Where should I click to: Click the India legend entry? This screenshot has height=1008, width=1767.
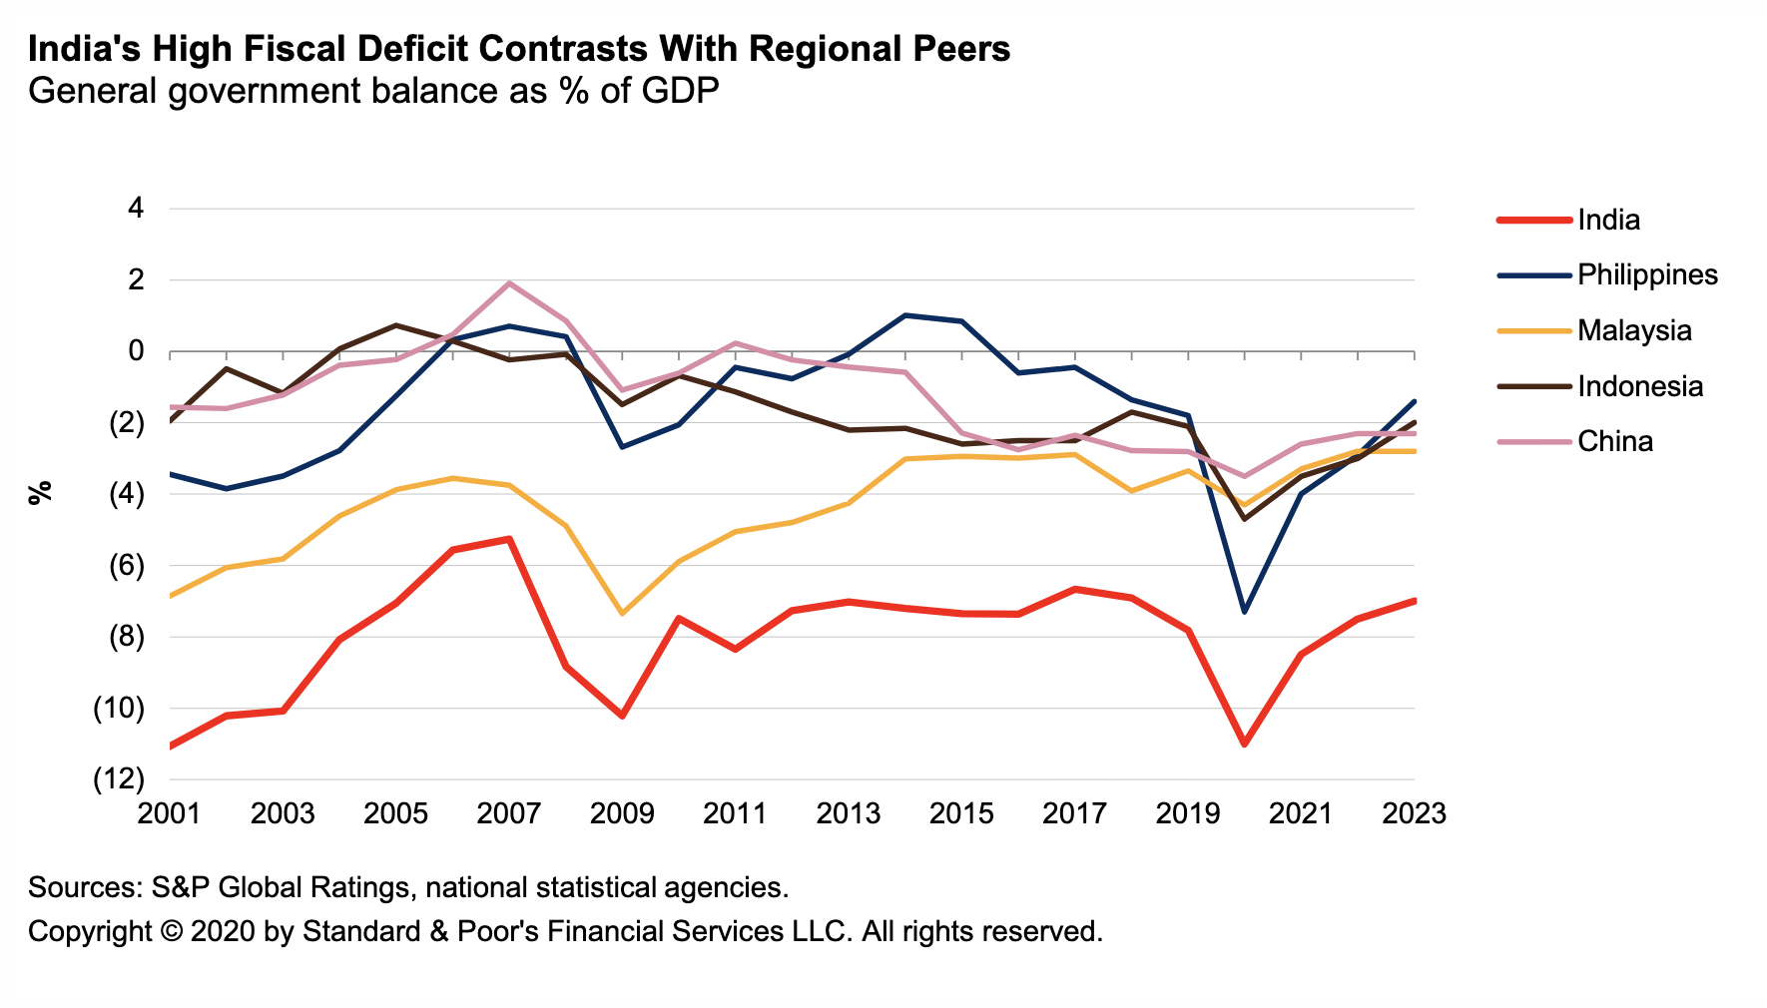click(1608, 221)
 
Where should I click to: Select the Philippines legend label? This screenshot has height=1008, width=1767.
click(1647, 275)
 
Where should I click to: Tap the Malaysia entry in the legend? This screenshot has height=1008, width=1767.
click(1634, 331)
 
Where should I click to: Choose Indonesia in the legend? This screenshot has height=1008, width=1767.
click(1639, 386)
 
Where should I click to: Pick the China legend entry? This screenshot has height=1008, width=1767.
click(1614, 442)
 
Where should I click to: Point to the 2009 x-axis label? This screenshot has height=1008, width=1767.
click(622, 814)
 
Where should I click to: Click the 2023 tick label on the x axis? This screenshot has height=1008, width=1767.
click(1414, 814)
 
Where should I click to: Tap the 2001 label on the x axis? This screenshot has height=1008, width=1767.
click(170, 814)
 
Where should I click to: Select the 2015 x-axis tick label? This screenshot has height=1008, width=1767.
click(961, 814)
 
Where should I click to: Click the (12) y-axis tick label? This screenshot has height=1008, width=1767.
click(118, 779)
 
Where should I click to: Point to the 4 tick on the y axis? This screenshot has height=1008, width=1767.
click(136, 209)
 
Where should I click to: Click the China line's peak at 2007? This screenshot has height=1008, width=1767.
click(509, 283)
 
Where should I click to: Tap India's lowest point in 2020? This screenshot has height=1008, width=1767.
click(1244, 745)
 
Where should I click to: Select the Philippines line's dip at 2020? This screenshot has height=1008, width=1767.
click(1244, 611)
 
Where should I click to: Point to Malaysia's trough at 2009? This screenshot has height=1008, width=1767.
click(622, 613)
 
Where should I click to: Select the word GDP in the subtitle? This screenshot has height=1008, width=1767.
click(680, 92)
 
